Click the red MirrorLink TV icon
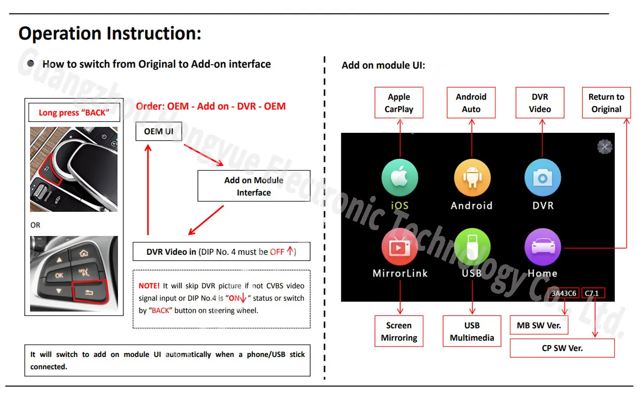tap(400, 247)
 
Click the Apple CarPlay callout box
tap(399, 103)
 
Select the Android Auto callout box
tap(471, 103)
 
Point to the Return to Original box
tap(606, 103)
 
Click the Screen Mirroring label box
tap(399, 331)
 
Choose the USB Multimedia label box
tap(472, 331)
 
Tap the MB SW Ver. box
tap(539, 325)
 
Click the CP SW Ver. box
tap(562, 348)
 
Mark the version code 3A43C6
tap(563, 293)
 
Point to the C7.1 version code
tap(592, 293)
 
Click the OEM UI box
tap(159, 132)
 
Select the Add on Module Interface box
tap(254, 186)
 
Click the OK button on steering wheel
tap(59, 275)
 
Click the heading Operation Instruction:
tap(110, 34)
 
